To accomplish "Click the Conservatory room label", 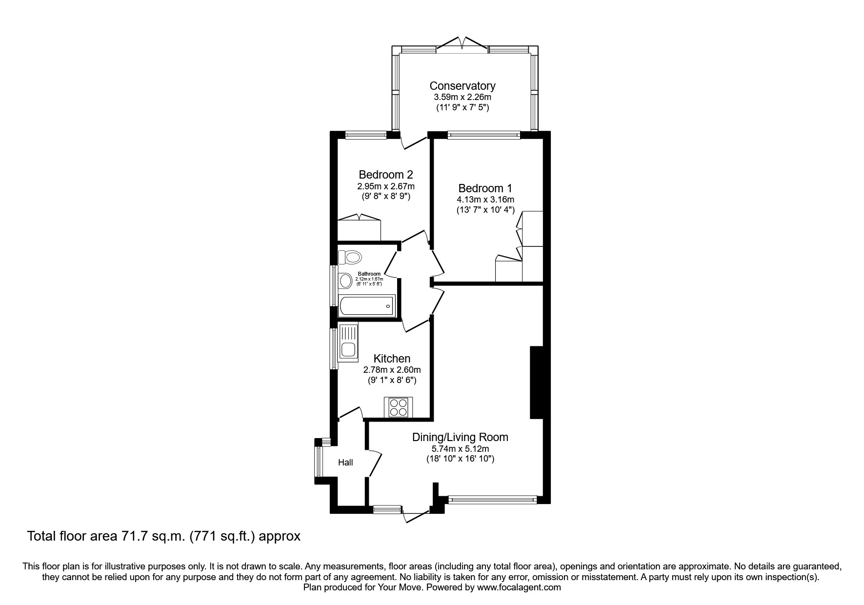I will [x=462, y=86].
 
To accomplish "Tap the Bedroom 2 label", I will [x=386, y=175].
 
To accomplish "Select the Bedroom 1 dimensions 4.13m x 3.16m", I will [x=485, y=200].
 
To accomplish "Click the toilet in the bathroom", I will [x=350, y=257].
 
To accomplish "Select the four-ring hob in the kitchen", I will [x=399, y=407].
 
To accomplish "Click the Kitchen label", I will [x=392, y=359].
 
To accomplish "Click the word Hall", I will [x=345, y=463].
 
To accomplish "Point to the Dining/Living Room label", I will [x=460, y=437].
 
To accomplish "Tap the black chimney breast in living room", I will [x=537, y=382].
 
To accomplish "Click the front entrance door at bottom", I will [x=415, y=516].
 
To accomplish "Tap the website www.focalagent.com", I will [x=519, y=587].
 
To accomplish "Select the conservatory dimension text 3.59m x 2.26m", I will [x=462, y=97].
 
